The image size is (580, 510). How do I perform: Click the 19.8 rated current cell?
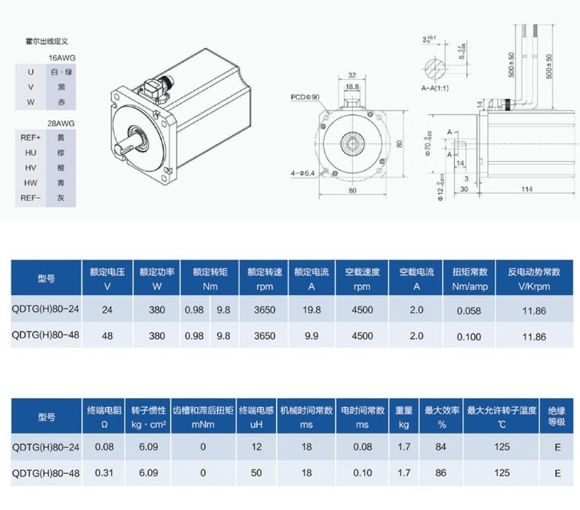tap(311, 310)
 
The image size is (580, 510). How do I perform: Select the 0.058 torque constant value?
tap(469, 311)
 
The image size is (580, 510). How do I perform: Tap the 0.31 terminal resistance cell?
tap(104, 472)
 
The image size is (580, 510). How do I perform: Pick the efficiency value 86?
tap(440, 472)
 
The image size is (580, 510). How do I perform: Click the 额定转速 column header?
tap(265, 278)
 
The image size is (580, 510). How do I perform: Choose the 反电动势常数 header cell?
tap(534, 278)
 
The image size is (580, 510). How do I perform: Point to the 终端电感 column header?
tap(256, 416)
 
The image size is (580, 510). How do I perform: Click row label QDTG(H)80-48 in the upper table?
tap(45, 335)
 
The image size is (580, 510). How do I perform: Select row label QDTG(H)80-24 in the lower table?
tap(45, 447)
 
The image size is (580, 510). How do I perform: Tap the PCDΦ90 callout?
tap(305, 97)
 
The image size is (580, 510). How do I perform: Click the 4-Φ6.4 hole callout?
tap(302, 173)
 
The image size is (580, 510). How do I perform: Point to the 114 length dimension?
tap(527, 189)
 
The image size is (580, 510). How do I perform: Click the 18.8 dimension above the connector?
tap(352, 87)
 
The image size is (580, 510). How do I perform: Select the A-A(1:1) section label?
tap(435, 88)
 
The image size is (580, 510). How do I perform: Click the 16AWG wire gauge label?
tap(62, 58)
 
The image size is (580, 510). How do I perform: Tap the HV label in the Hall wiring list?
tap(31, 167)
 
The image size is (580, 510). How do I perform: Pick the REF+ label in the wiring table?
tap(31, 137)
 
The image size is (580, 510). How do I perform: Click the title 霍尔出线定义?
tap(47, 41)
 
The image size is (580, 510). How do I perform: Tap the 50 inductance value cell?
tap(256, 472)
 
